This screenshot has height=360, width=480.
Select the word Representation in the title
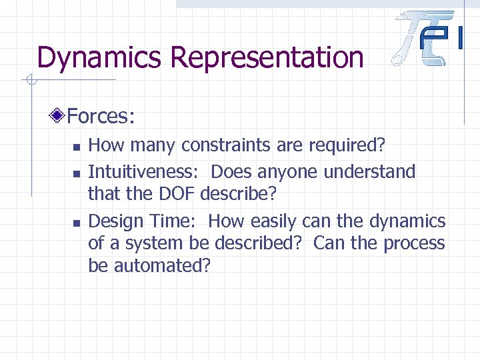click(267, 58)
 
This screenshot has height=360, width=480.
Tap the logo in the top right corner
click(429, 38)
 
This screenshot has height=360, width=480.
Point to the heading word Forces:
click(101, 117)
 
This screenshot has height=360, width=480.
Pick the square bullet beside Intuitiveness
click(77, 173)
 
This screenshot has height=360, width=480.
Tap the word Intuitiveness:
click(143, 171)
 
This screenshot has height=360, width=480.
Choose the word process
click(413, 243)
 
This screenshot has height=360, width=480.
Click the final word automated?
click(162, 266)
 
